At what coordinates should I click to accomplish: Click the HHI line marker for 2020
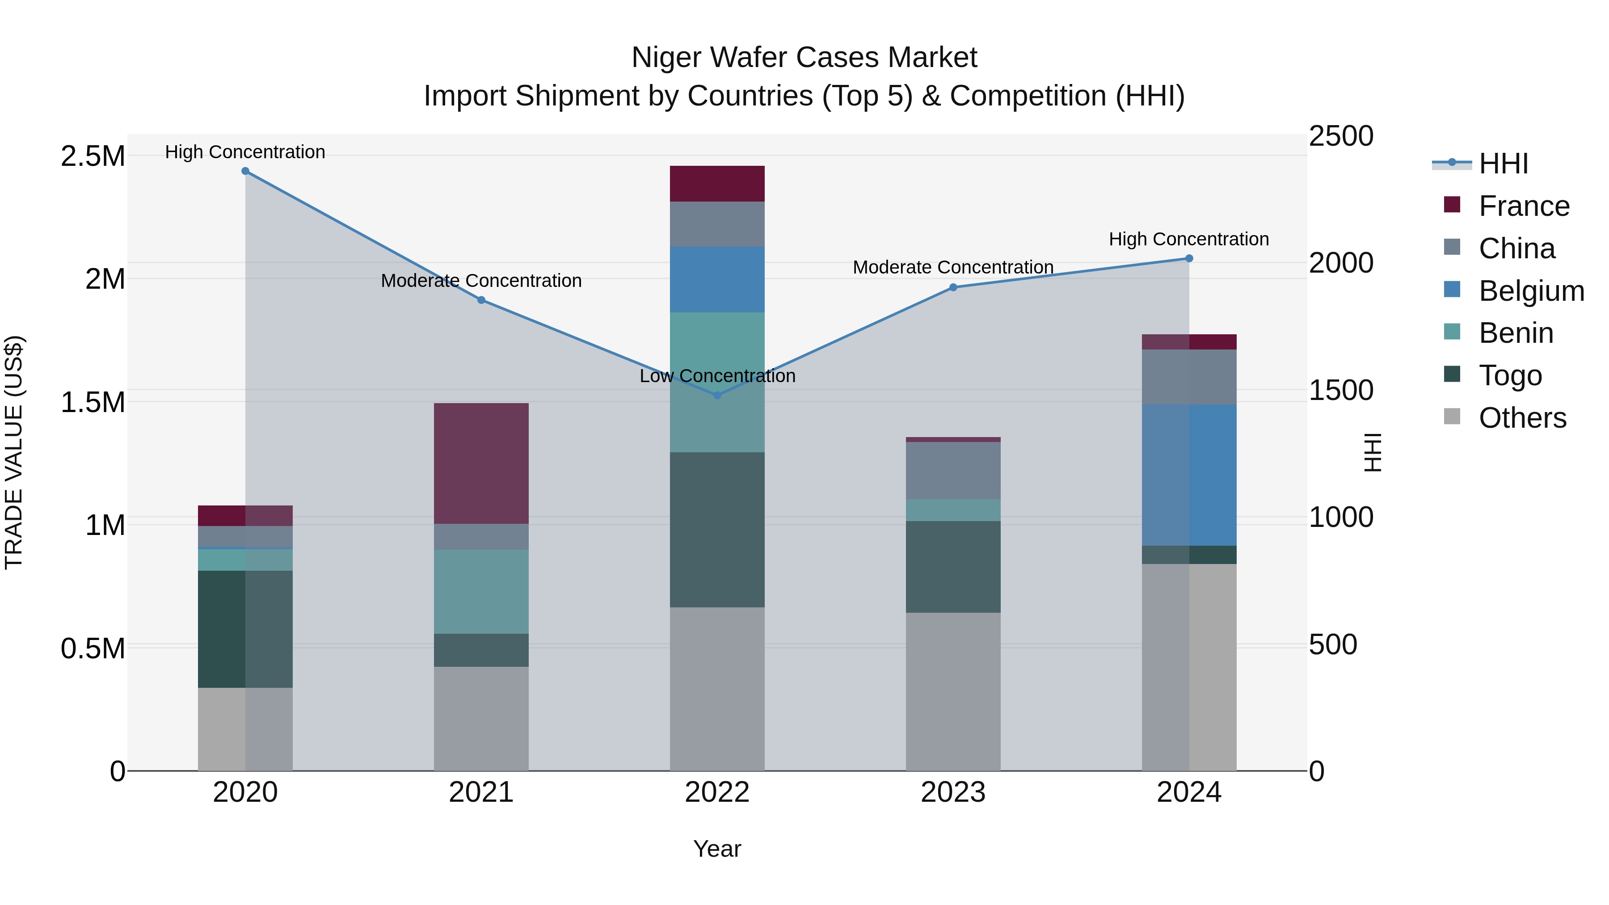tap(245, 171)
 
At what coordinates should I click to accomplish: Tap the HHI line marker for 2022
tap(717, 396)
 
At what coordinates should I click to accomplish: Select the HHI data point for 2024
tap(1188, 259)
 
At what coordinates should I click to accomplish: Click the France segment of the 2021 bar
tap(481, 463)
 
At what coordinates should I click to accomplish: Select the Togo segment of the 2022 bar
tap(717, 530)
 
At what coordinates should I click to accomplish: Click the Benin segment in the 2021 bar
tap(481, 591)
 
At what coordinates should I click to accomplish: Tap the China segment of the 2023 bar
tap(953, 470)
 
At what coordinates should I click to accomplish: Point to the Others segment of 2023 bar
tap(953, 691)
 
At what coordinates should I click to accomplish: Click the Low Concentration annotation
tap(717, 376)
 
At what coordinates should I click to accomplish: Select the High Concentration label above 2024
tap(1188, 239)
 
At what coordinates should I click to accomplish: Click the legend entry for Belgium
tap(1530, 291)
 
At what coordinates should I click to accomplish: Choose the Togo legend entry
tap(1510, 375)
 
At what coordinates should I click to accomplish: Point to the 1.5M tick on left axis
tap(93, 402)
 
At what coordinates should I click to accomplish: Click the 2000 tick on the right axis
tap(1340, 263)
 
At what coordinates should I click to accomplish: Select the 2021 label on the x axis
tap(481, 792)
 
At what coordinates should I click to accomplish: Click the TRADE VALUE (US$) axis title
tap(14, 452)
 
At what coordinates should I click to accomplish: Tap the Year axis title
tap(717, 849)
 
